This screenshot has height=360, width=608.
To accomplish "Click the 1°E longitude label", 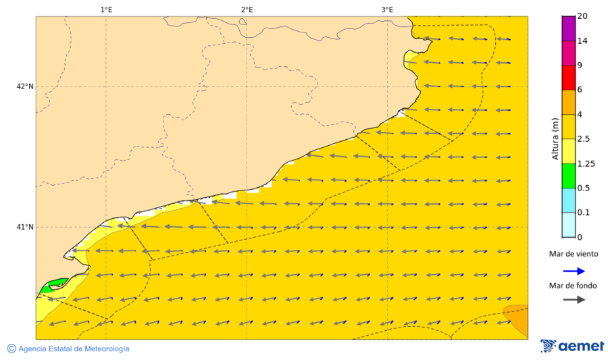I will (x=106, y=9).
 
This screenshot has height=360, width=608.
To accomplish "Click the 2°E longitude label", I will (x=247, y=9).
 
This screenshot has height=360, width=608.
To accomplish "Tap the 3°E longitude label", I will (x=387, y=9).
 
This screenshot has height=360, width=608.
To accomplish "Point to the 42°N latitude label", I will (x=25, y=86).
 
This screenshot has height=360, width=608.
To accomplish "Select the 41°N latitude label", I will (x=25, y=227).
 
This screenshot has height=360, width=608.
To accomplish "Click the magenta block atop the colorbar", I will (x=568, y=28).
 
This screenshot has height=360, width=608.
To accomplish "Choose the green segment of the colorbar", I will (x=568, y=176).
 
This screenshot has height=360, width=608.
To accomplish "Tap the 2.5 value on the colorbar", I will (x=584, y=139).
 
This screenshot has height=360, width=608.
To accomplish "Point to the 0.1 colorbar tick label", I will (x=584, y=213).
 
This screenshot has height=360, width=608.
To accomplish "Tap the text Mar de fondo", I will (x=574, y=286).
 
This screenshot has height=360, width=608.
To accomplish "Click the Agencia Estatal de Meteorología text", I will (x=74, y=349).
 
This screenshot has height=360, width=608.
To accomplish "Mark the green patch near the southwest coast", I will (x=53, y=284).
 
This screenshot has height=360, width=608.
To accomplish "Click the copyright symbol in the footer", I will (x=11, y=349).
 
